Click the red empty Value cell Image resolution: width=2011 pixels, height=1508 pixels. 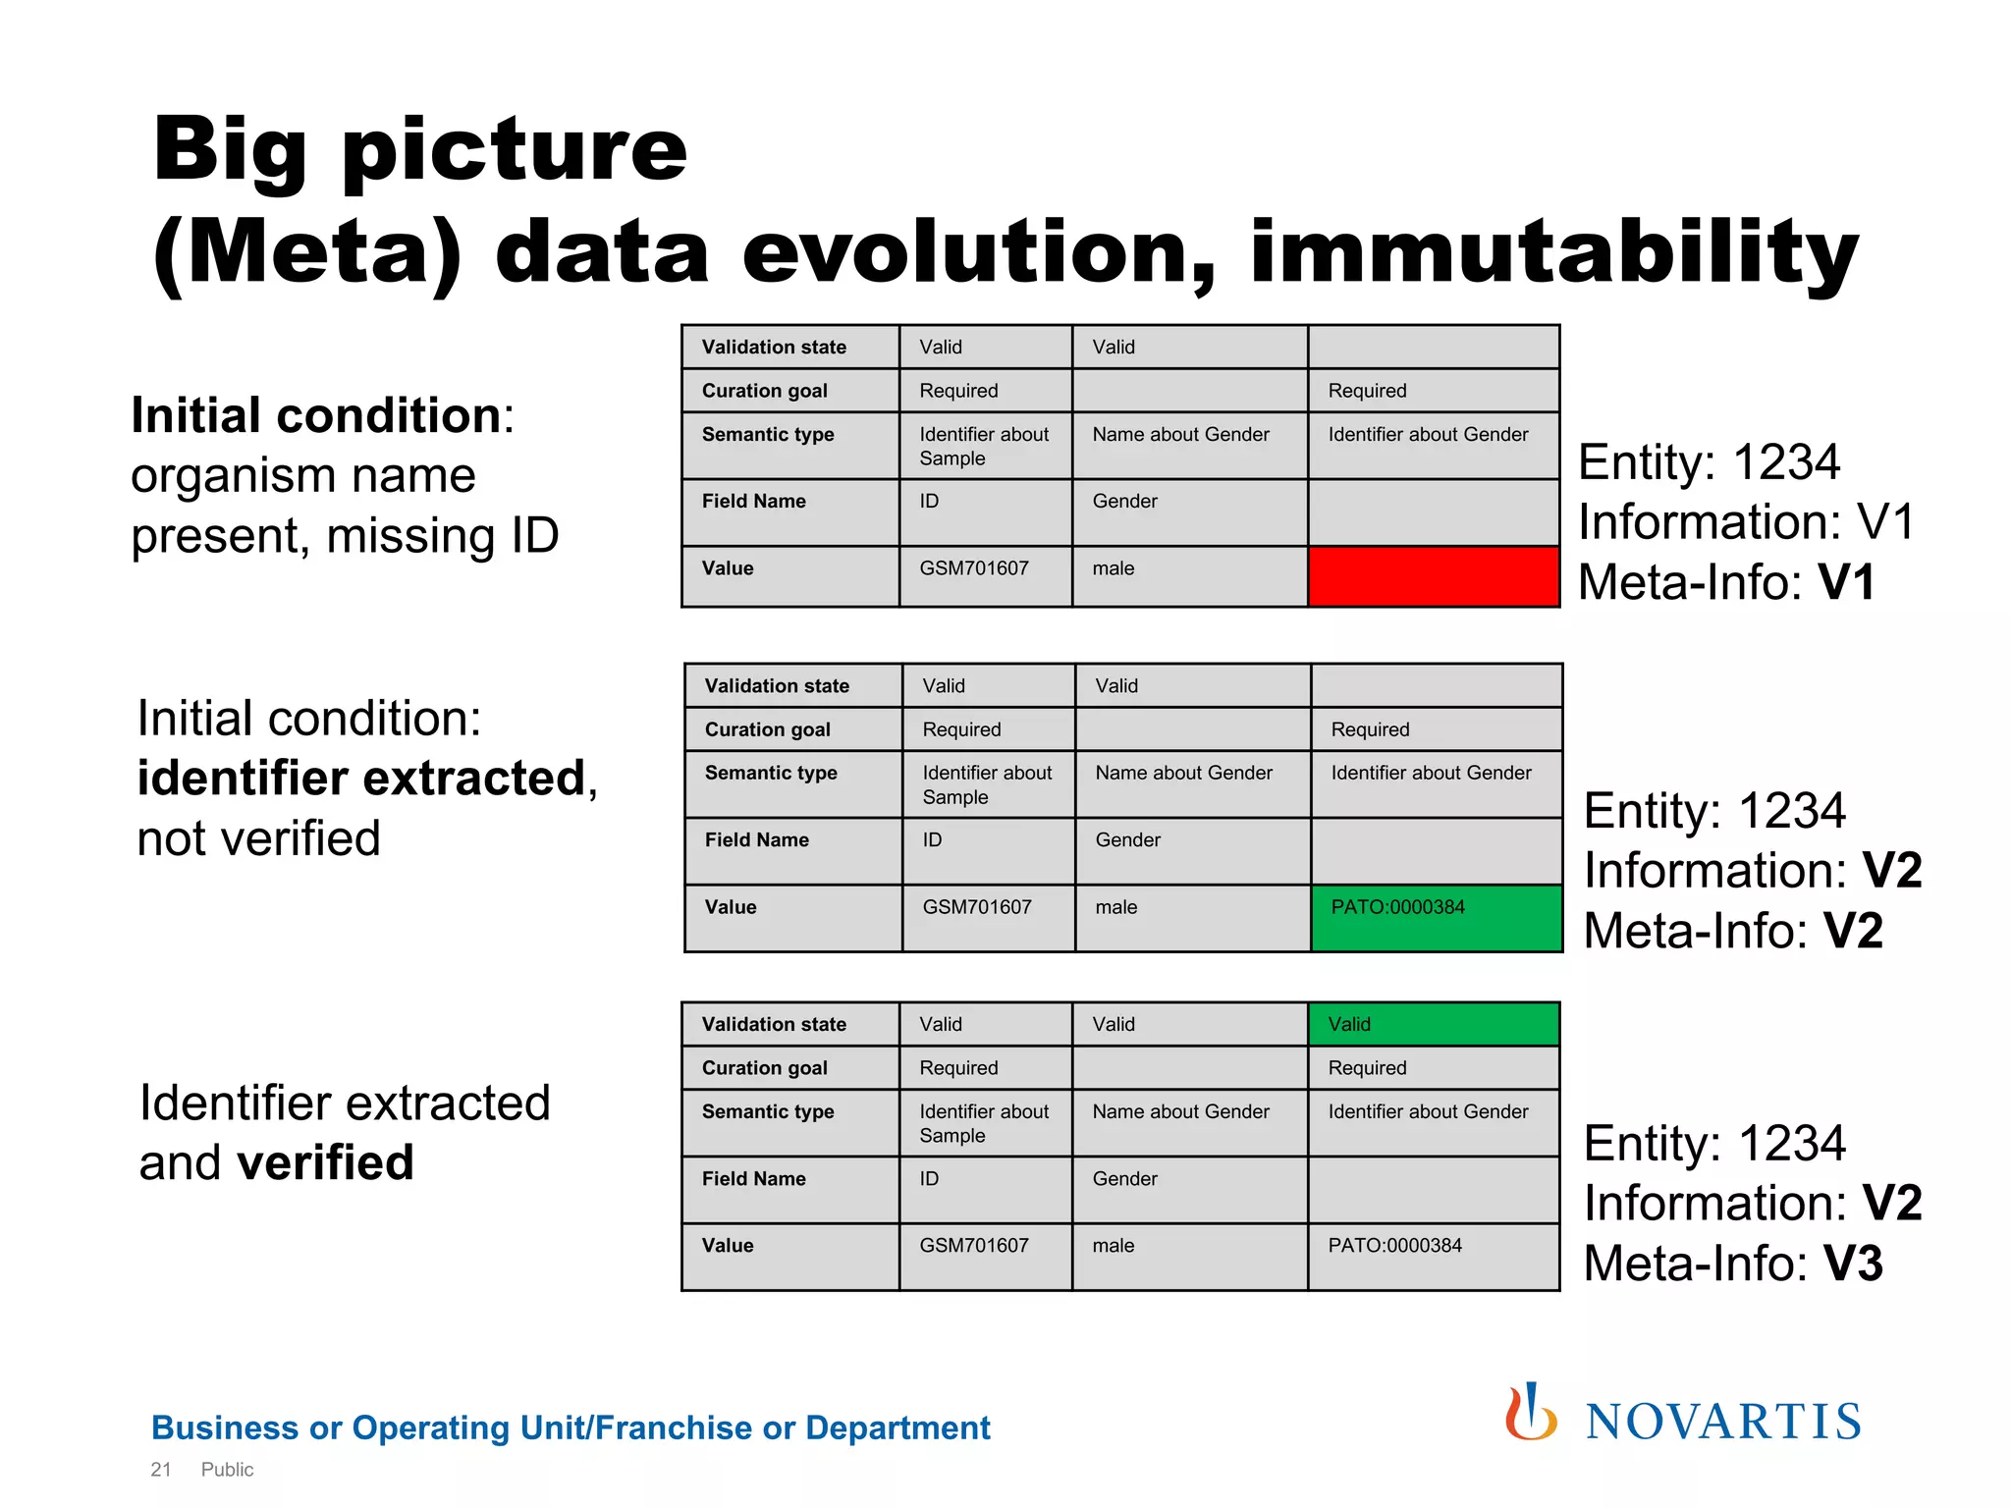click(x=1433, y=576)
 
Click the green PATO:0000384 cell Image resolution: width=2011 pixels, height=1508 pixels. click(x=1436, y=917)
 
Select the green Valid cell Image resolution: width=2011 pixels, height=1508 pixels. click(x=1433, y=1024)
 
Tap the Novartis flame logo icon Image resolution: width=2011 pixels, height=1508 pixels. click(x=1530, y=1414)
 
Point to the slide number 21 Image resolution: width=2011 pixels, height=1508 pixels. click(x=161, y=1470)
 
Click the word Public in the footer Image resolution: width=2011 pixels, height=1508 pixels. click(x=227, y=1470)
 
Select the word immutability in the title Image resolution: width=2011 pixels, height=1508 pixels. click(x=1553, y=253)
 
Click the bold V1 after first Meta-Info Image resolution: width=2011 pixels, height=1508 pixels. click(x=1847, y=582)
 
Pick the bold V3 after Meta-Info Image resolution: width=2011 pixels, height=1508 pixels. click(x=1853, y=1264)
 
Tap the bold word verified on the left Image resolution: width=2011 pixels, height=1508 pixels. click(x=325, y=1162)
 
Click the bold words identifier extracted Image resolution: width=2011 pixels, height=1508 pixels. click(x=361, y=779)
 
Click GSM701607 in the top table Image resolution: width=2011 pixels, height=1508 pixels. click(x=973, y=568)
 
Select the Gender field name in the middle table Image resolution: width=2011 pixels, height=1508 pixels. click(x=1127, y=840)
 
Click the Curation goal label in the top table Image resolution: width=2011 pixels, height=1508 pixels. click(x=764, y=391)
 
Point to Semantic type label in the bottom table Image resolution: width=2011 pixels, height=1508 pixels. click(x=767, y=1111)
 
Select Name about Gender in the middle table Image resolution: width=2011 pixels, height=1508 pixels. click(x=1183, y=774)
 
